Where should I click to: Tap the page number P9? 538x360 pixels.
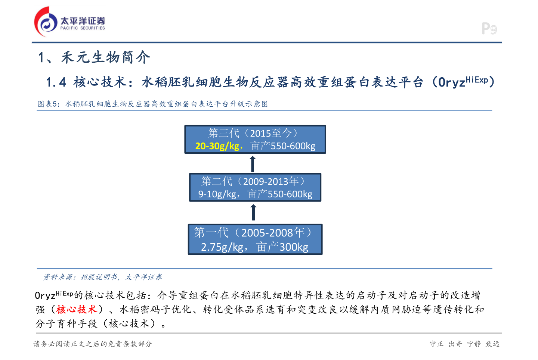coord(489,29)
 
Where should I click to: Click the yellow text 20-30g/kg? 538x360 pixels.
coord(217,146)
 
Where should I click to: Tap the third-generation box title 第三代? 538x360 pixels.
coord(223,133)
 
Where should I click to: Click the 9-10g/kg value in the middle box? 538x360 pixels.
coord(217,194)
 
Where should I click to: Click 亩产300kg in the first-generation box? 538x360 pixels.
coord(282,247)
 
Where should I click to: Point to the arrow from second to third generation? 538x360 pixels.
coord(253,163)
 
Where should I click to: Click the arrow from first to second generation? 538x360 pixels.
coord(253,212)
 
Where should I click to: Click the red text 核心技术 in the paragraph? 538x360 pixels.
coord(77,309)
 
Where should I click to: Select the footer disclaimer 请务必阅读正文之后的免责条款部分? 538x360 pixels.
coord(93,344)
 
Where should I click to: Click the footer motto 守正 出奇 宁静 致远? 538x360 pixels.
coord(464,344)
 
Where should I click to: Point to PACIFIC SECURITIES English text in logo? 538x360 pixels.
coord(83,28)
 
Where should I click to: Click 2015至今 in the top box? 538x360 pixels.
coord(270,133)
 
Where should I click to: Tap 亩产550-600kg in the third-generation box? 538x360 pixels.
coord(283,146)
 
